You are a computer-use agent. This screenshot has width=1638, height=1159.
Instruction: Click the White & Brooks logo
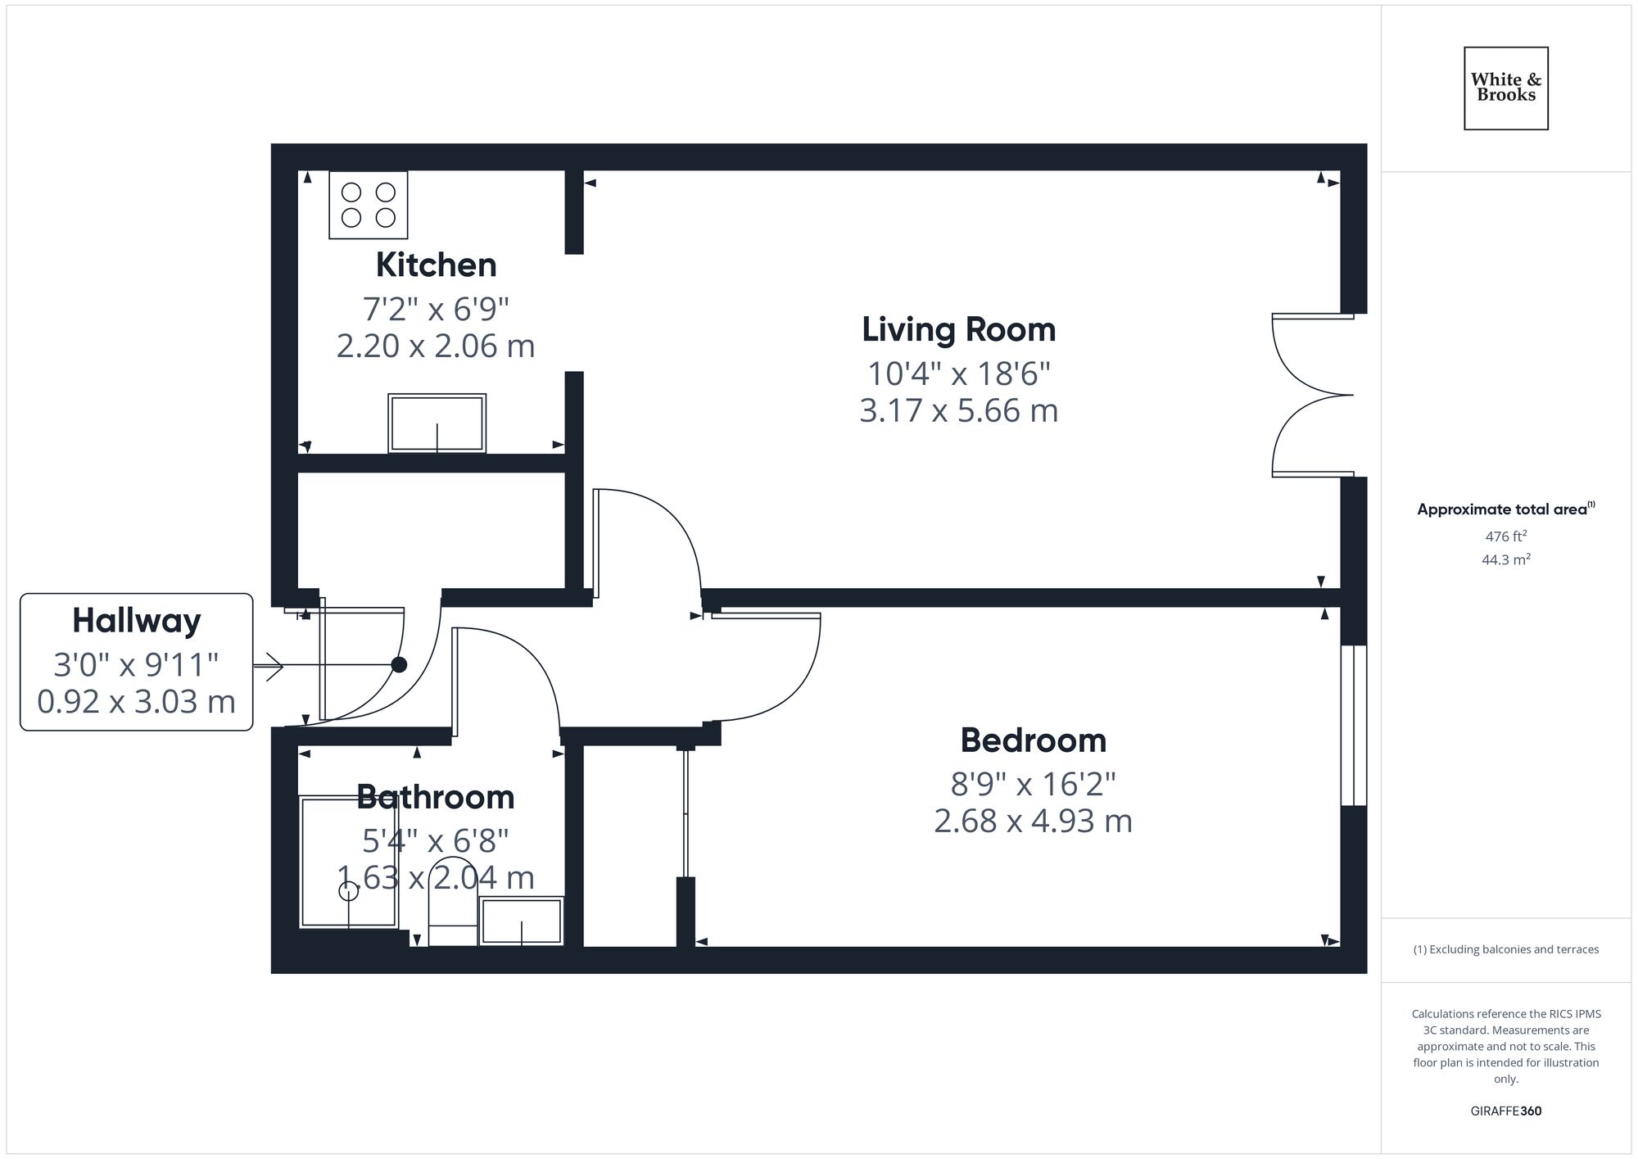[1505, 88]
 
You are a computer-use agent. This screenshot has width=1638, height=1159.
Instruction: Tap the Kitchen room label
[436, 265]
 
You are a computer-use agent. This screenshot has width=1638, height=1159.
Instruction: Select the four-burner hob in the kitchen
[368, 205]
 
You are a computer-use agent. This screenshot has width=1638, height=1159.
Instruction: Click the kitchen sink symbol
[437, 423]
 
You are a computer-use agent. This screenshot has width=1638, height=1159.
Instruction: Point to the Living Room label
[958, 329]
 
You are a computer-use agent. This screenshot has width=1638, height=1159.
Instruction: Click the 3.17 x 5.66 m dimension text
[958, 410]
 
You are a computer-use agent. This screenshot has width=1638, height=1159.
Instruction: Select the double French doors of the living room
[1310, 395]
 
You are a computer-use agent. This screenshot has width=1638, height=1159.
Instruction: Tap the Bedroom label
[1033, 740]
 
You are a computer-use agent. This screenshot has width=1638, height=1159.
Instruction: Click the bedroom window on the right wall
[1353, 725]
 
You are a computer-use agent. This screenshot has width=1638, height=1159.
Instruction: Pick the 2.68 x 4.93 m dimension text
[1033, 821]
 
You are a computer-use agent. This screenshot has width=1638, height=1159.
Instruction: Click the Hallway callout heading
[136, 620]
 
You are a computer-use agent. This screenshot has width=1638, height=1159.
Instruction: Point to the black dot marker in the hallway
[399, 665]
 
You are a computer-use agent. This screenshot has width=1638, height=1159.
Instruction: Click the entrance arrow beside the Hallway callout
[269, 666]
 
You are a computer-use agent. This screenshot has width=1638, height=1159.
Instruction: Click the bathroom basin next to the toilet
[521, 921]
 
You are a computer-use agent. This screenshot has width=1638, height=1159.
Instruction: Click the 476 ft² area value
[1505, 536]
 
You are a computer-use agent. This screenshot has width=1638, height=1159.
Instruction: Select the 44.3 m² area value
[1505, 559]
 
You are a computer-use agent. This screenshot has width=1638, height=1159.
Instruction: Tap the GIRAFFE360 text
[1505, 1111]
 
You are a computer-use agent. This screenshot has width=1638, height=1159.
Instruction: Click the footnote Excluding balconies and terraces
[1505, 949]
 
